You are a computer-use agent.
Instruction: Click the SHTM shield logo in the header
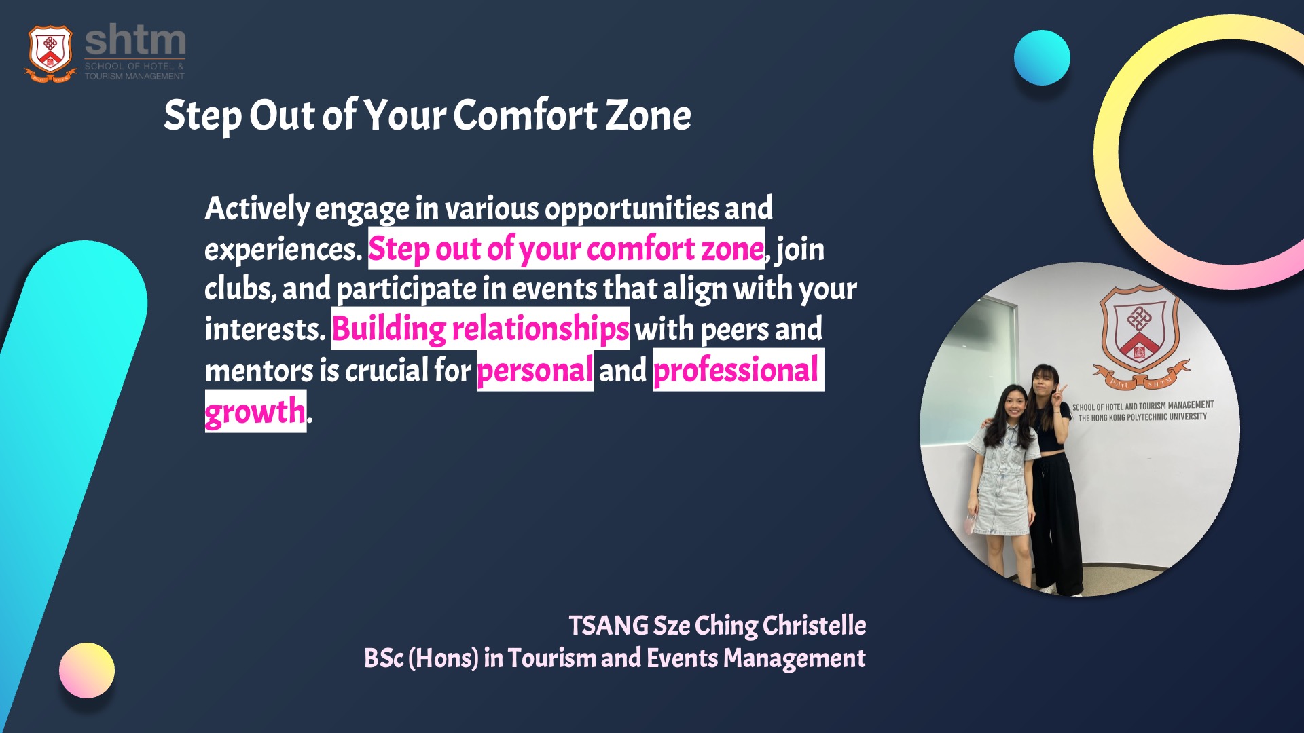[50, 53]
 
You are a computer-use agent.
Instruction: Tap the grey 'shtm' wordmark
[135, 41]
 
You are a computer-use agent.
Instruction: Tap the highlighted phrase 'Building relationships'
[480, 329]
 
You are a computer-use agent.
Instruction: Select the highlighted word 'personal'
[535, 371]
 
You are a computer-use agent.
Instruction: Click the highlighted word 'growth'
[255, 411]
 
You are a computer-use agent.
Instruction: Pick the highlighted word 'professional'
[738, 370]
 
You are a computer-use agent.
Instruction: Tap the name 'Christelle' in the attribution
[814, 625]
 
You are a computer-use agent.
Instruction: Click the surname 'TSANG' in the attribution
[609, 626]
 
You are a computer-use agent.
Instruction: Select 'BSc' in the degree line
[384, 658]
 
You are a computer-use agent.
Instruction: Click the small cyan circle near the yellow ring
[1042, 58]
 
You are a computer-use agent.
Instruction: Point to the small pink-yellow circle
[87, 671]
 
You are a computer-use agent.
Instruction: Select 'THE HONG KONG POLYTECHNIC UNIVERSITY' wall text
[1142, 417]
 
